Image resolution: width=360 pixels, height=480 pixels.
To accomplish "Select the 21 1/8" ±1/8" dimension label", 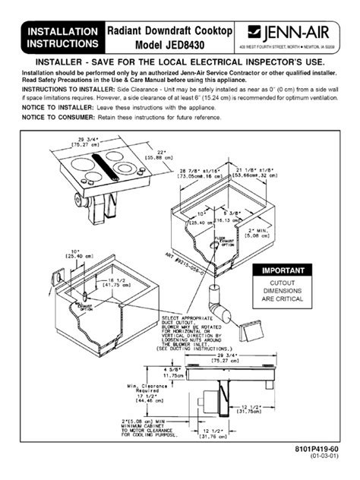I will coord(270,170).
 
